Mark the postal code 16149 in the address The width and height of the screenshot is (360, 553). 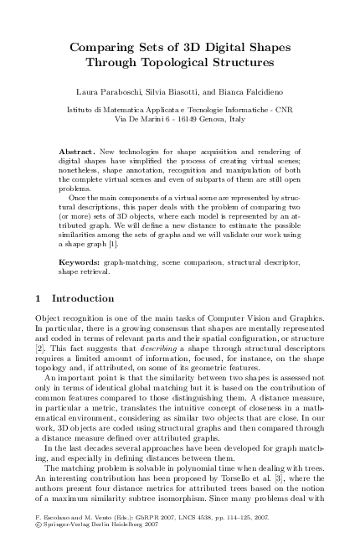[x=188, y=119]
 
